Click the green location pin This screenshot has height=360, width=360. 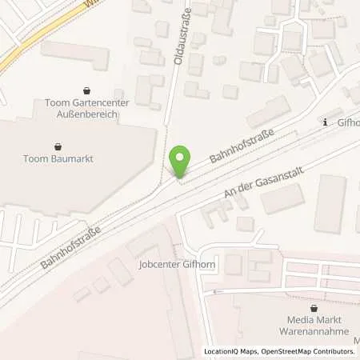pyautogui.click(x=182, y=162)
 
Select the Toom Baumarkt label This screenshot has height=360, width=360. pyautogui.click(x=58, y=158)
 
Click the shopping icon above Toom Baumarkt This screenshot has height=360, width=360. pyautogui.click(x=58, y=146)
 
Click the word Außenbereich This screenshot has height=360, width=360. pyautogui.click(x=84, y=114)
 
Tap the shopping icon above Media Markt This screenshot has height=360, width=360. pyautogui.click(x=314, y=307)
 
